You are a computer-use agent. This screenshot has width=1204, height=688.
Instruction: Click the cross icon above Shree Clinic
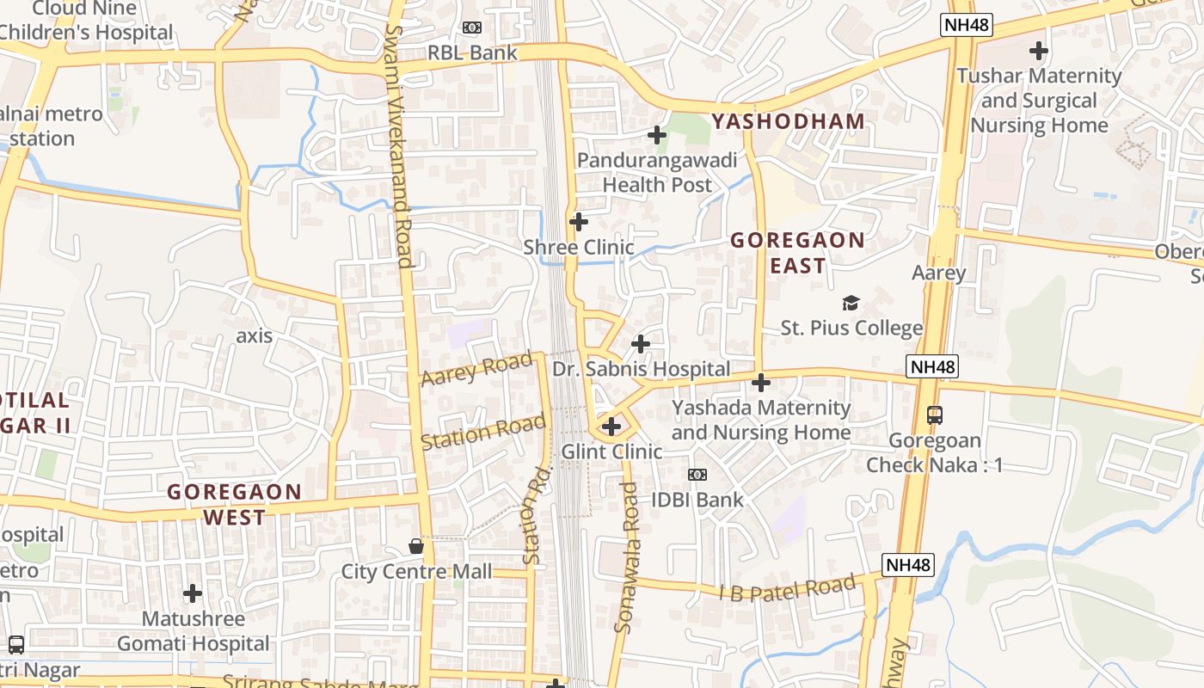pos(579,222)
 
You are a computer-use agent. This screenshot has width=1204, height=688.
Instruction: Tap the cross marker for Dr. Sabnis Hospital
pos(641,344)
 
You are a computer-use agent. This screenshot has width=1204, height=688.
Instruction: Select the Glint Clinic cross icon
pos(611,426)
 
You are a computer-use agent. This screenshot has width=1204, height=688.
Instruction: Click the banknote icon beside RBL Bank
pos(472,28)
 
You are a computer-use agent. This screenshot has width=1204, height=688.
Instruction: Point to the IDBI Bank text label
pos(697,499)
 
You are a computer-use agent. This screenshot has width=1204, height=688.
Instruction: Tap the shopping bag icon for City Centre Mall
pos(416,546)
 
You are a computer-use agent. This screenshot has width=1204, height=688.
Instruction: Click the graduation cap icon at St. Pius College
pos(851,303)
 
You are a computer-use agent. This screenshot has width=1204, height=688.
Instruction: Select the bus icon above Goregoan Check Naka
pos(935,415)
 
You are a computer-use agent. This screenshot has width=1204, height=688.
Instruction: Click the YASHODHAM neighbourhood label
pos(788,121)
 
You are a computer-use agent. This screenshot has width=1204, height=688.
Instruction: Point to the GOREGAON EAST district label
pos(797,253)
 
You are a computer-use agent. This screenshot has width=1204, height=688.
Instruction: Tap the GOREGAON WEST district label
pos(234,505)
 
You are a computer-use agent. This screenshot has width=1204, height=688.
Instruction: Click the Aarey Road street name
pos(476,369)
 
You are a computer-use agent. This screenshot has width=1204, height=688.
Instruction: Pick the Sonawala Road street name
pos(627,557)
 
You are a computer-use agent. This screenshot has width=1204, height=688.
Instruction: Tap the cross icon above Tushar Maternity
pos(1039,51)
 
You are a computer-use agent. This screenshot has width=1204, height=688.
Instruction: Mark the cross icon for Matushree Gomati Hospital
pos(193,593)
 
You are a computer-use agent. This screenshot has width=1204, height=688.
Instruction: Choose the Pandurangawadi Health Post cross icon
pos(657,135)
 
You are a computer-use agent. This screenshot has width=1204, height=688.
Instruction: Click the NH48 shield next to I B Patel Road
pos(908,565)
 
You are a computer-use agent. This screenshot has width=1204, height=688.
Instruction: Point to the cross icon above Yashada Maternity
pos(761,382)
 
